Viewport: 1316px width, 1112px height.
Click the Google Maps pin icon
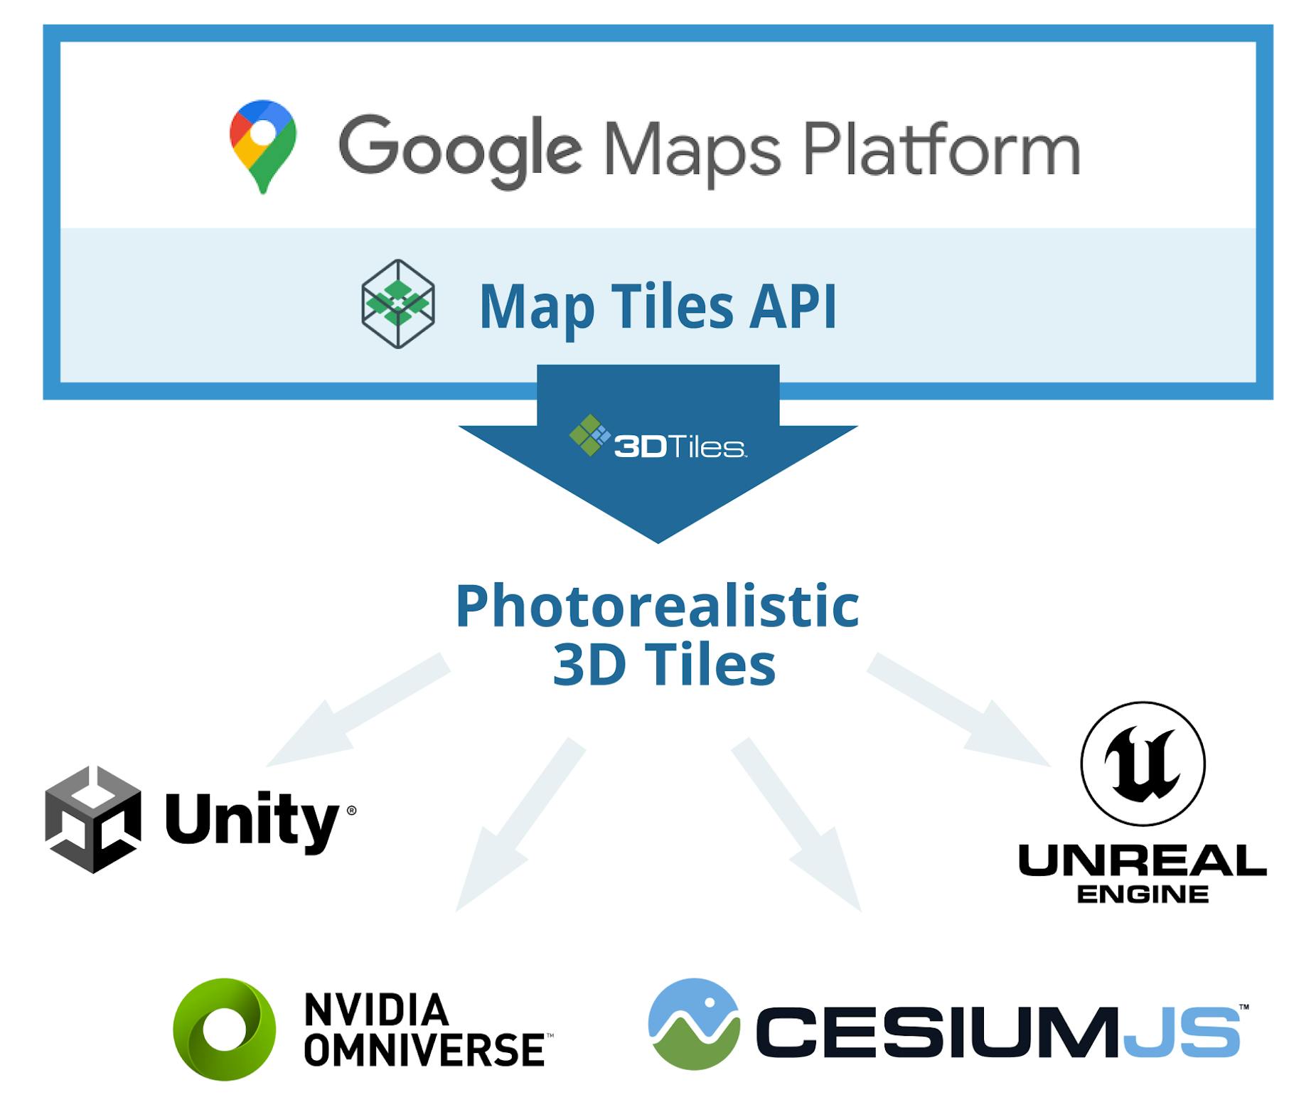click(x=262, y=146)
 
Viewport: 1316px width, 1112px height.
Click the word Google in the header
click(x=459, y=151)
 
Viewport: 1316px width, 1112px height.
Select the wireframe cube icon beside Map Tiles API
click(x=398, y=304)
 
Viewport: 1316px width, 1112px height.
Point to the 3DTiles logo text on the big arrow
click(x=679, y=447)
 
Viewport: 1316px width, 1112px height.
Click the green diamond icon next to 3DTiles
click(x=589, y=434)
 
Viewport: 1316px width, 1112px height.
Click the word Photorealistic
click(x=657, y=606)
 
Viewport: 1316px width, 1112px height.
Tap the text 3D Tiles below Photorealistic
click(x=663, y=665)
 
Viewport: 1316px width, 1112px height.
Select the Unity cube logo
click(x=92, y=819)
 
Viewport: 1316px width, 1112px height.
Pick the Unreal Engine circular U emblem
click(x=1143, y=764)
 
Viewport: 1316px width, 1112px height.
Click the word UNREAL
click(x=1142, y=861)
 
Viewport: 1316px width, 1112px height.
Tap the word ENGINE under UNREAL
click(x=1143, y=894)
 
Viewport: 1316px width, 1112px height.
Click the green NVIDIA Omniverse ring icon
click(x=225, y=1029)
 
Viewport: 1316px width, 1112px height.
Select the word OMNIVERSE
click(x=424, y=1049)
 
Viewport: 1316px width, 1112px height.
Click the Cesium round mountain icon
click(x=694, y=1024)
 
